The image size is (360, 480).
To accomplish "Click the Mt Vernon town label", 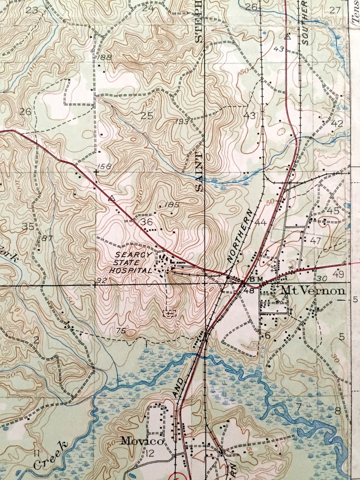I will point(313,290).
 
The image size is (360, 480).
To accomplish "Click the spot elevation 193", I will point(182,122).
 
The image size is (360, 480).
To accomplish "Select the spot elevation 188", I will point(104,57).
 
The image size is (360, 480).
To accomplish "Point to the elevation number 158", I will point(104,167).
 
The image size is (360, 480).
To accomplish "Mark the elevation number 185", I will point(172,205).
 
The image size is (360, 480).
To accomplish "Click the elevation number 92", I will point(101,281).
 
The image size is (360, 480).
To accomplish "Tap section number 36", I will point(146,222).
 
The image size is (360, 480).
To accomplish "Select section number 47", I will point(316,241).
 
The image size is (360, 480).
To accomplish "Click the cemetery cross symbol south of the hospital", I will point(169,313).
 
